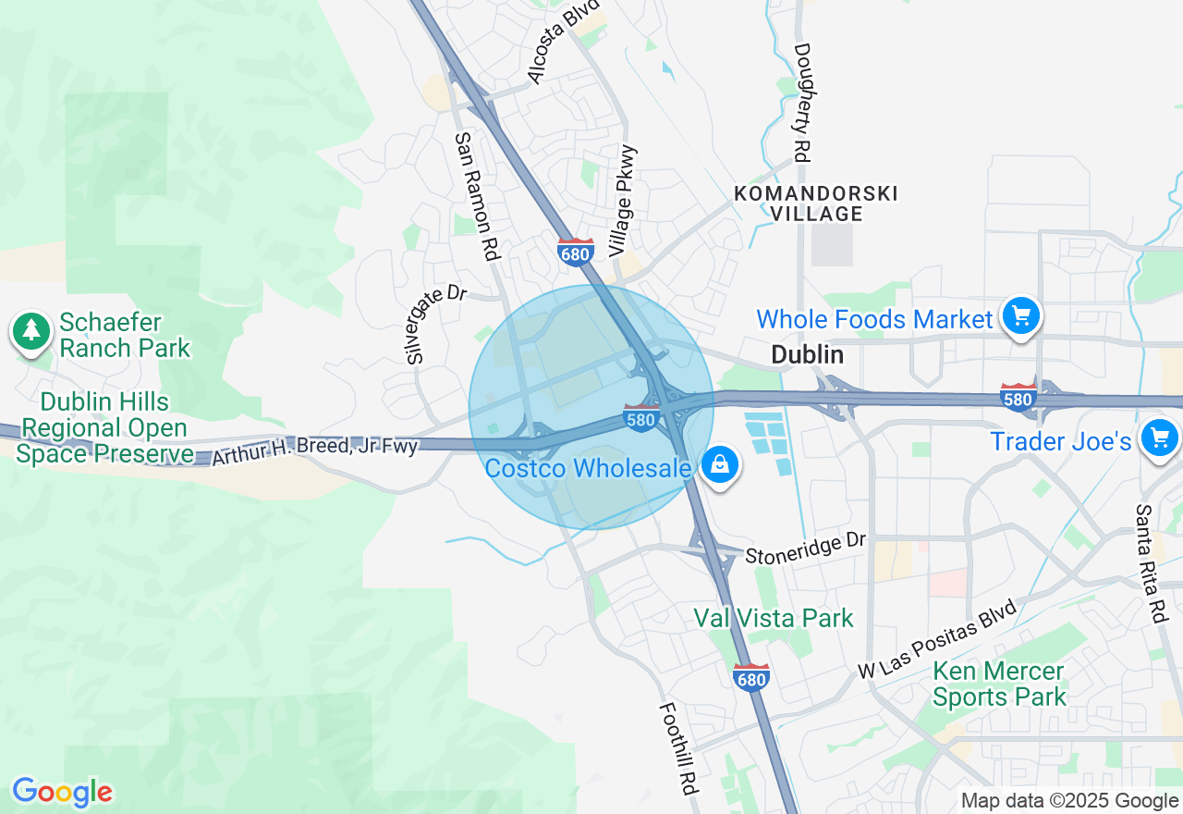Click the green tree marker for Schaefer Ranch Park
31,331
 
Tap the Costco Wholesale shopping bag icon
720,465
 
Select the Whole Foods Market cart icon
1020,317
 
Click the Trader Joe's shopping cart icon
1159,438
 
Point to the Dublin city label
807,354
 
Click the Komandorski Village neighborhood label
815,203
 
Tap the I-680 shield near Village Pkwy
575,252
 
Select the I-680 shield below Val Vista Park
751,677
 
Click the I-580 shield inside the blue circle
640,418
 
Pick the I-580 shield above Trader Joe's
1018,398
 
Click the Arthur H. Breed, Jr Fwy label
315,450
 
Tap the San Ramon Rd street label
477,194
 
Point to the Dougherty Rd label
801,103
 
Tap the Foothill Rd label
677,748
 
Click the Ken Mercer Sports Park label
999,684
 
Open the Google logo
62,792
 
